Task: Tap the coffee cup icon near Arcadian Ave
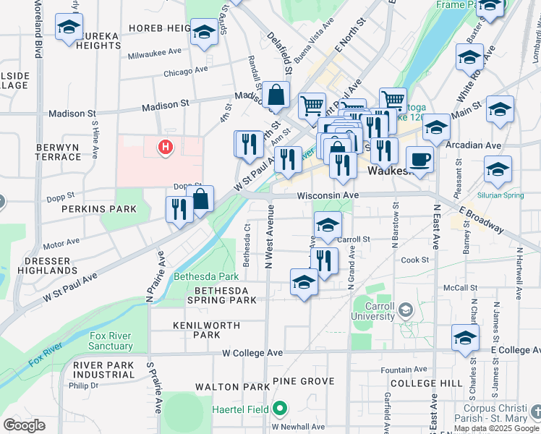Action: [x=419, y=158]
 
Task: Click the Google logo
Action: [x=24, y=425]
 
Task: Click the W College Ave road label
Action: [x=252, y=353]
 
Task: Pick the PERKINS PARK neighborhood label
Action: [x=109, y=208]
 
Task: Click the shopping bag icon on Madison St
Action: [x=276, y=94]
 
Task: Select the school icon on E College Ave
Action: [x=465, y=337]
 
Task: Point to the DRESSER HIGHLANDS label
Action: [x=51, y=265]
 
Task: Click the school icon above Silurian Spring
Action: [x=498, y=169]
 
